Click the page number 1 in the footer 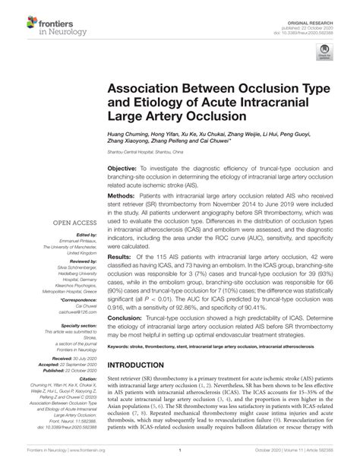[178, 460]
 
